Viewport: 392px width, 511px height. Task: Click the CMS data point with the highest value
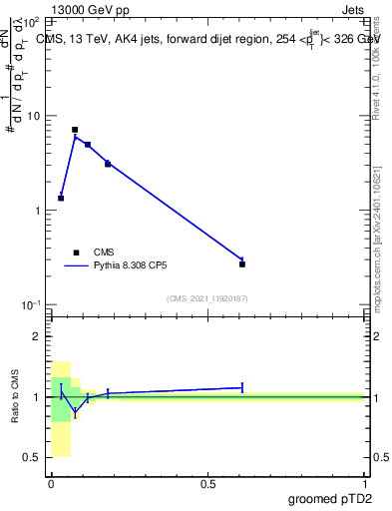click(x=75, y=130)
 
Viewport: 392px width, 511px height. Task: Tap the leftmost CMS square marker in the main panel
click(x=61, y=198)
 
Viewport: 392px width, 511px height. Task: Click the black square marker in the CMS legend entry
click(x=76, y=253)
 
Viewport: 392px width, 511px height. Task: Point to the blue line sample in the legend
click(x=76, y=266)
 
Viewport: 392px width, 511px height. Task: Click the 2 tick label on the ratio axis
click(x=37, y=337)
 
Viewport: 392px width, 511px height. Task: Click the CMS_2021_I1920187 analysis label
click(x=207, y=298)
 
